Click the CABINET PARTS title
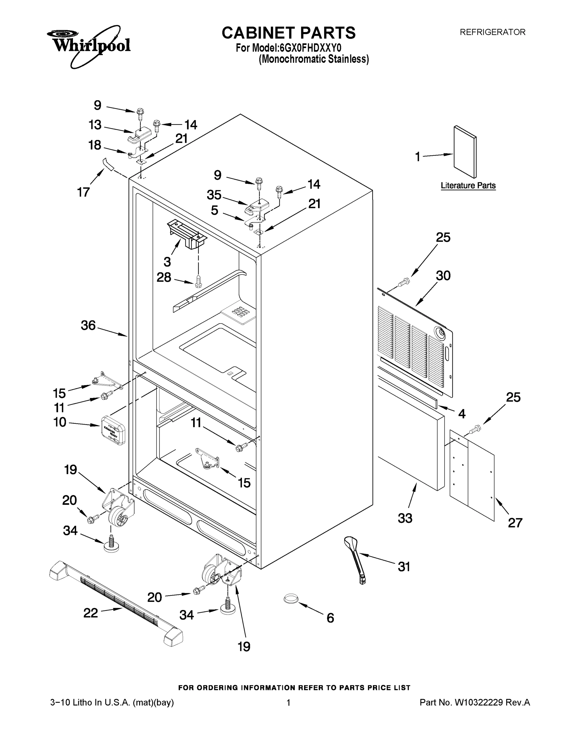click(x=288, y=33)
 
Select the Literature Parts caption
click(x=468, y=186)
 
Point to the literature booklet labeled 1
click(x=465, y=152)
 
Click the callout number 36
click(x=88, y=325)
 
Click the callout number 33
click(x=405, y=518)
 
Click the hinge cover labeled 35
click(x=258, y=206)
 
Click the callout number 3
click(x=167, y=262)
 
